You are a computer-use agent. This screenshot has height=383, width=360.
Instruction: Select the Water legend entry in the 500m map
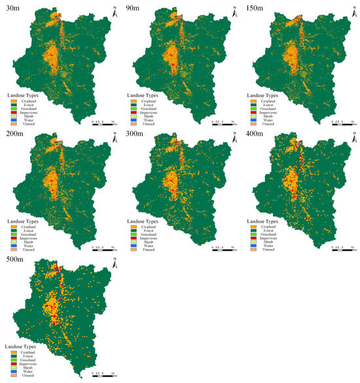point(31,371)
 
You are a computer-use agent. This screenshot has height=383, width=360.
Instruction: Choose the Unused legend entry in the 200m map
point(31,250)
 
